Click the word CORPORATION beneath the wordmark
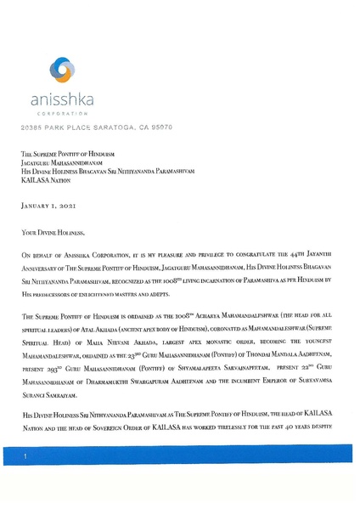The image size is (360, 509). point(63,112)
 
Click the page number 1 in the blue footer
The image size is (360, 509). point(26,457)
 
